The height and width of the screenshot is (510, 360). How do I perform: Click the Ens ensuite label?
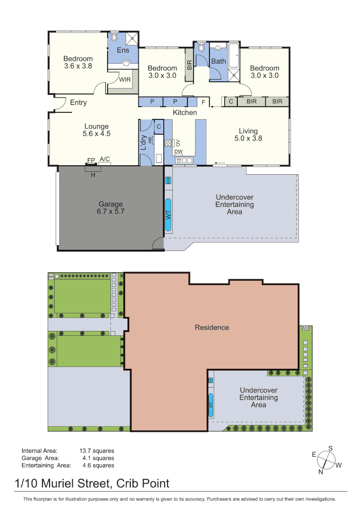coord(123,50)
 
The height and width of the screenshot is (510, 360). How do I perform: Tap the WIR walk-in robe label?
coord(125,80)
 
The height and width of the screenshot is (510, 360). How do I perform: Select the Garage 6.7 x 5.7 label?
coord(110,207)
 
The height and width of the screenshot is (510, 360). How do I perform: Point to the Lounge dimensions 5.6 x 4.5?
coord(97,134)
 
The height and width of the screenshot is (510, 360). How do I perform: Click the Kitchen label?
coord(185,113)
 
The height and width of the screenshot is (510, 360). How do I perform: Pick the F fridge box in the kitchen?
coord(203,102)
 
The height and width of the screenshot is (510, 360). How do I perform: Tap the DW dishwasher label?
coord(178,152)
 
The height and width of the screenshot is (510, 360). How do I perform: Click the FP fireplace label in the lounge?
coord(91,160)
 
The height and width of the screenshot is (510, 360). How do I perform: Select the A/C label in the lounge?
coord(105,159)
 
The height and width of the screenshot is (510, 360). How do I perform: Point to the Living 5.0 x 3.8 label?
coord(248,135)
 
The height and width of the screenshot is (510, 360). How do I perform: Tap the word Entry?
coord(78,102)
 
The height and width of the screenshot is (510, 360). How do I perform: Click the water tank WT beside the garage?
coord(168,215)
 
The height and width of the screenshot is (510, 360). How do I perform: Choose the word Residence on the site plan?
coord(212,327)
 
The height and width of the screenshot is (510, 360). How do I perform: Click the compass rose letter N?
coord(321,471)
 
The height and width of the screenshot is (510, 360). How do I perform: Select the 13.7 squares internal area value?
coord(97,451)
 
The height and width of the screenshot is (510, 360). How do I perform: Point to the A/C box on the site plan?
coord(305,328)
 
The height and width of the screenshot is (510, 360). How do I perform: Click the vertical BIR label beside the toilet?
coord(189,65)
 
